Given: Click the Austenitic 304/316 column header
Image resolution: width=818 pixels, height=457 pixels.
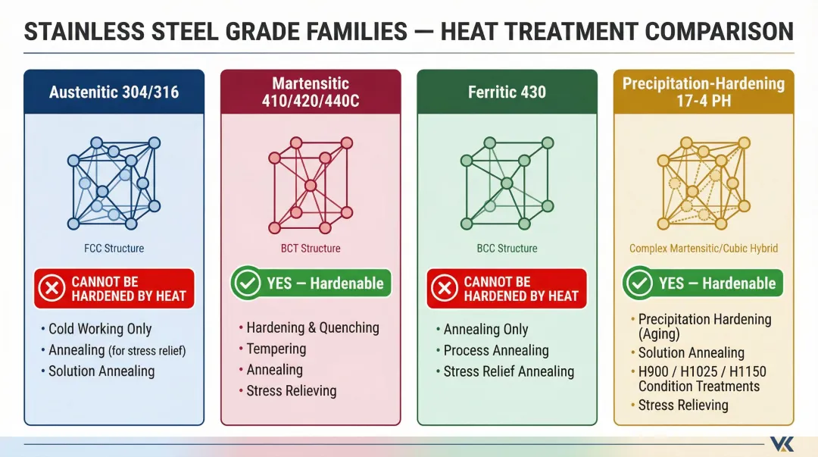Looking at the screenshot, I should [114, 92].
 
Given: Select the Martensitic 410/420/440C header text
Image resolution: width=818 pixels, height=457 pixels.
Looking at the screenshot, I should [311, 92].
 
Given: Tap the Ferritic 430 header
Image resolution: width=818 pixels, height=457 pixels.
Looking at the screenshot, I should [507, 92].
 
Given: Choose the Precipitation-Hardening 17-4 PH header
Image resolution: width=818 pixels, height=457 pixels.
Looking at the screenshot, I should [704, 92].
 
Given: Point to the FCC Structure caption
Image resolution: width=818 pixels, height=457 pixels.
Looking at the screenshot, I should [114, 248].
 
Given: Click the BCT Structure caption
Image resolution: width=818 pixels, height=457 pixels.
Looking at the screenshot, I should [311, 248].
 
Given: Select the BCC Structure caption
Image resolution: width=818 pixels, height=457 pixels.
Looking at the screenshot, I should [507, 248].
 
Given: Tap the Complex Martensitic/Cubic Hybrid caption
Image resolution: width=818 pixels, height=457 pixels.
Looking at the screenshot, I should [704, 248].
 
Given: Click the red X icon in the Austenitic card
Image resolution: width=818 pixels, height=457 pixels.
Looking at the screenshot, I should [52, 289].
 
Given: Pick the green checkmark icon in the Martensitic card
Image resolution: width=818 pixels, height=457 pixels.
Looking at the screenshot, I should [247, 283].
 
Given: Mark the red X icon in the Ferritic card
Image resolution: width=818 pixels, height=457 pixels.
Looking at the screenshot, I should [445, 289].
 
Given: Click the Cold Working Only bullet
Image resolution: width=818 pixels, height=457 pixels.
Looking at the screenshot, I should [100, 329].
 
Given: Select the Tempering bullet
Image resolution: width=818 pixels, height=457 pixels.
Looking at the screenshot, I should [276, 349].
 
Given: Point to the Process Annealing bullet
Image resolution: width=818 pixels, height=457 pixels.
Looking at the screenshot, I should [496, 350].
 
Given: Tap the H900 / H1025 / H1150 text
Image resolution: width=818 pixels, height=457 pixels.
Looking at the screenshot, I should [702, 372].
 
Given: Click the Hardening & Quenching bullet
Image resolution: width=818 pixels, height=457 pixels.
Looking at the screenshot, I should [312, 327].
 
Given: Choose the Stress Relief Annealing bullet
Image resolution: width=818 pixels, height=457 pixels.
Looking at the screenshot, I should [508, 371].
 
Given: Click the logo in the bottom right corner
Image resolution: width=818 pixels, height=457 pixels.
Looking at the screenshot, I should [781, 443].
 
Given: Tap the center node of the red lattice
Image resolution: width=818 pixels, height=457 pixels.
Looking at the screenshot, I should [310, 185].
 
